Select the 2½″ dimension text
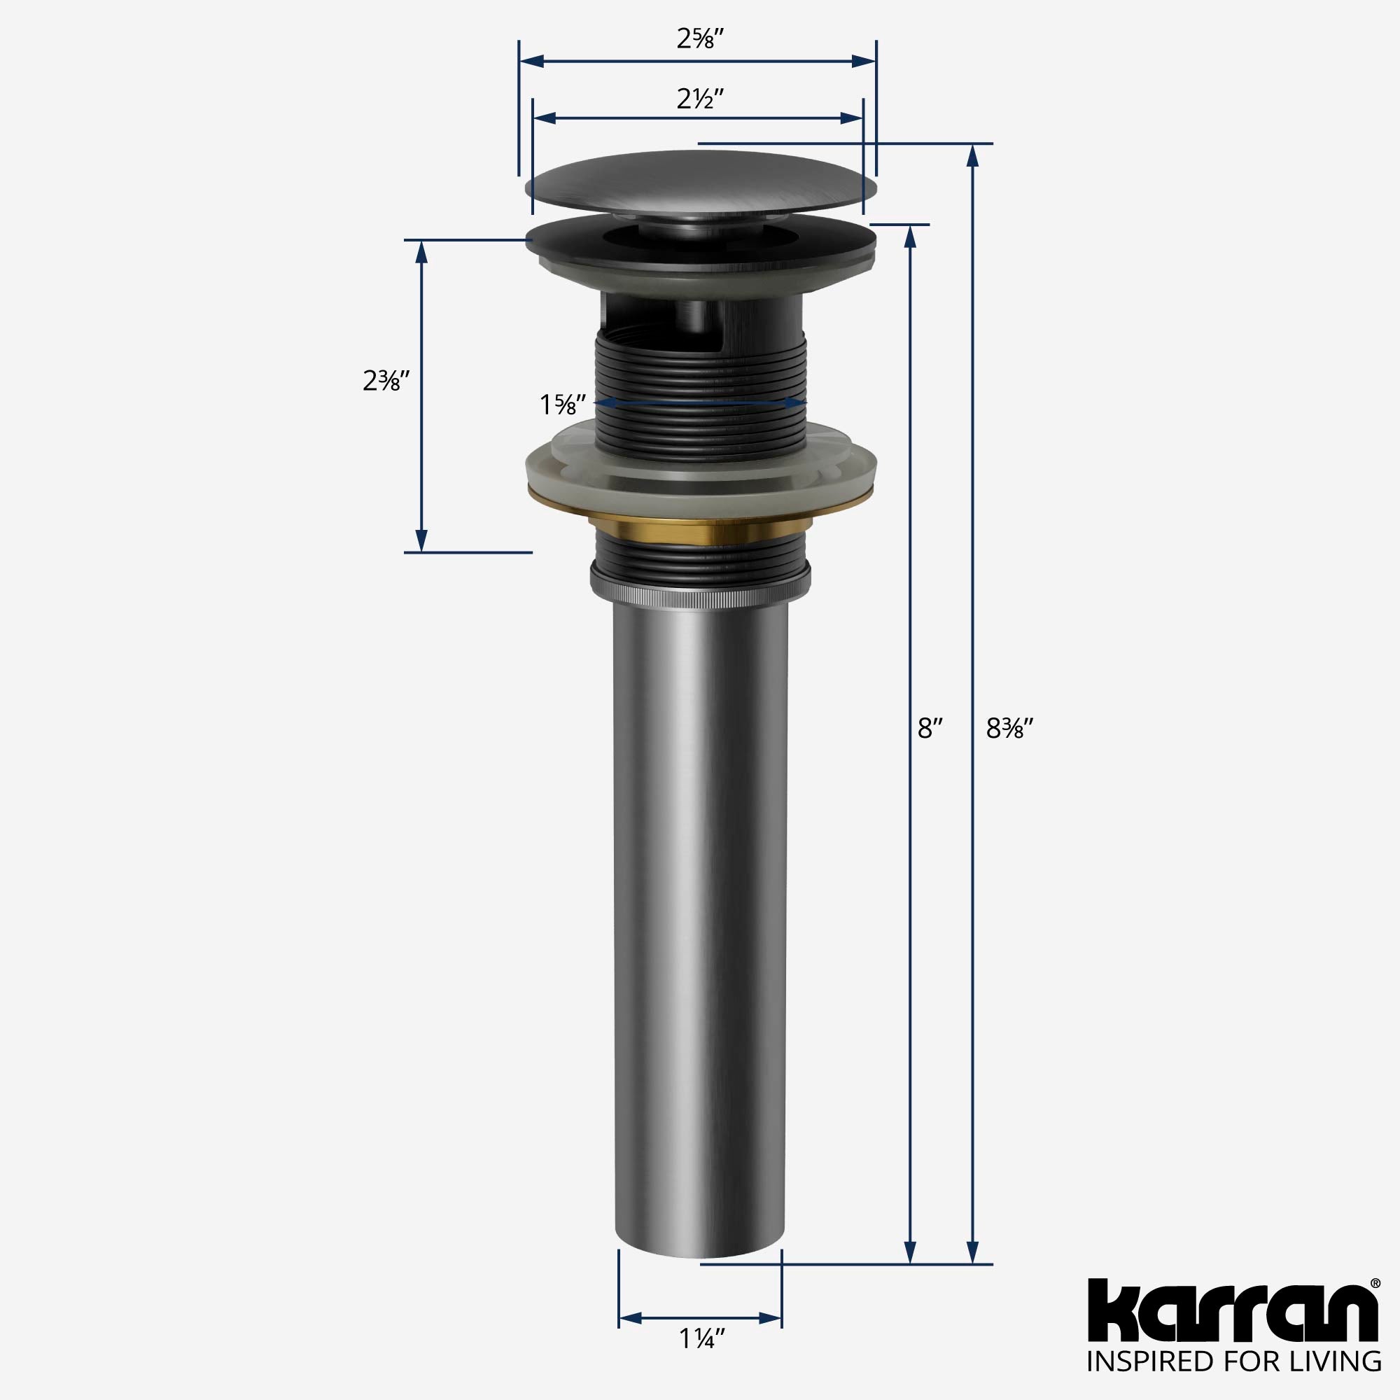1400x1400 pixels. tap(701, 99)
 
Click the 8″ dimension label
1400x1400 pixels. tap(930, 728)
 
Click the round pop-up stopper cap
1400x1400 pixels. tap(700, 181)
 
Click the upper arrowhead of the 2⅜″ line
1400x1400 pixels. tap(420, 252)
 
